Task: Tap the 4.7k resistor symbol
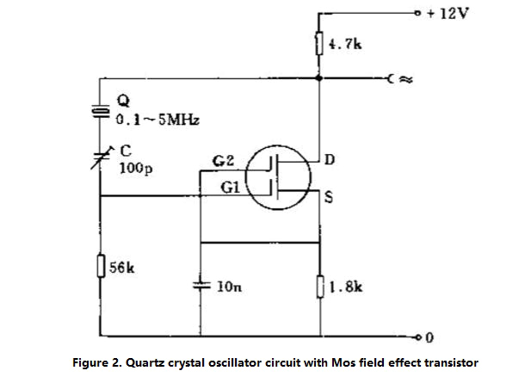319,43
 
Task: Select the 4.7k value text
342,43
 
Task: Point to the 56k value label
121,267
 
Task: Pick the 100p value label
134,169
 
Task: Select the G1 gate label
228,188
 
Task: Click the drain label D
330,161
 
